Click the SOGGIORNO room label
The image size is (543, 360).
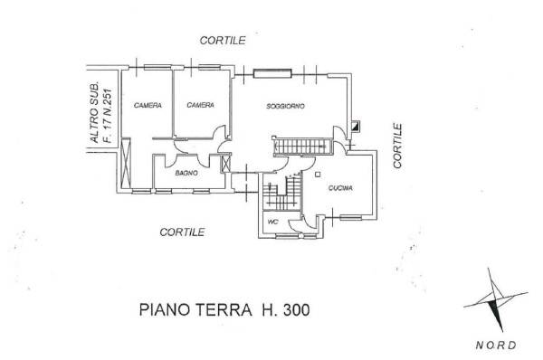click(285, 106)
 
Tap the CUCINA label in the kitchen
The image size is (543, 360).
click(340, 188)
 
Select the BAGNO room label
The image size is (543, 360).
click(186, 173)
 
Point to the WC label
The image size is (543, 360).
click(273, 222)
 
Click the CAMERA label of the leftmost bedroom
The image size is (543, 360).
click(148, 105)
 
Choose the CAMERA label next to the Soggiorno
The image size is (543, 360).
click(200, 105)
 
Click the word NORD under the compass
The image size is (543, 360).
click(496, 345)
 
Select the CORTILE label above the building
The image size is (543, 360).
click(223, 41)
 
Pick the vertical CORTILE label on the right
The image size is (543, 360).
click(397, 146)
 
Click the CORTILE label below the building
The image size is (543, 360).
click(182, 232)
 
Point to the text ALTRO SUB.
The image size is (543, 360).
click(94, 112)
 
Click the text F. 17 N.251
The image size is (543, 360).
click(108, 116)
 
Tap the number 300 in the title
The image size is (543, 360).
click(297, 309)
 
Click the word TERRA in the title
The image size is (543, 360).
click(224, 309)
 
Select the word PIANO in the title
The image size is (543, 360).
click(165, 309)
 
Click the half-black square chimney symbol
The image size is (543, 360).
click(356, 126)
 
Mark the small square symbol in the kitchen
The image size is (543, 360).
click(318, 175)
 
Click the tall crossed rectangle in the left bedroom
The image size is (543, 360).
click(126, 163)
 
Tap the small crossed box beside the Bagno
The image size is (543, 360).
click(225, 163)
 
